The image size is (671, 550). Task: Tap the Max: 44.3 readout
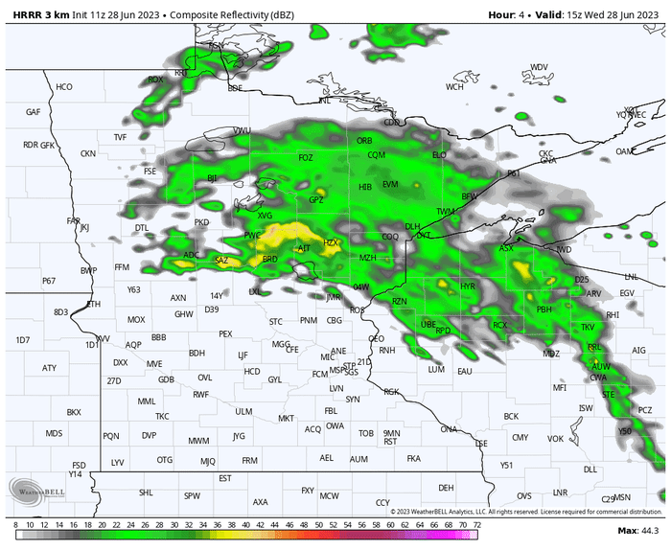[x=638, y=531]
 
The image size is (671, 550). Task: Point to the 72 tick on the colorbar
[x=476, y=525]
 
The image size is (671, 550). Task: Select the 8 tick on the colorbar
[x=16, y=525]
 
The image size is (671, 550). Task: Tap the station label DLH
[x=412, y=226]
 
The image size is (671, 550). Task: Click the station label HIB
[x=365, y=187]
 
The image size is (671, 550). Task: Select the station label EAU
[x=465, y=370]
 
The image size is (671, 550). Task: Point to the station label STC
[x=276, y=321]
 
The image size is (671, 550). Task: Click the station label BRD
[x=270, y=259]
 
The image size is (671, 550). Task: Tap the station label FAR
[x=74, y=220]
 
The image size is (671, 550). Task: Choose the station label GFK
[x=48, y=145]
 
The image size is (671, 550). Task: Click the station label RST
[x=390, y=442]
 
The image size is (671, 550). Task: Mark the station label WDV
[x=540, y=67]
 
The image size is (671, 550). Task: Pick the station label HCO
[x=64, y=87]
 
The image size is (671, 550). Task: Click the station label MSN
[x=622, y=497]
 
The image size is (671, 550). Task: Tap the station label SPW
[x=193, y=495]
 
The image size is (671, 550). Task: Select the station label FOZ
[x=306, y=157]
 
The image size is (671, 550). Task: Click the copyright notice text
[x=525, y=512]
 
